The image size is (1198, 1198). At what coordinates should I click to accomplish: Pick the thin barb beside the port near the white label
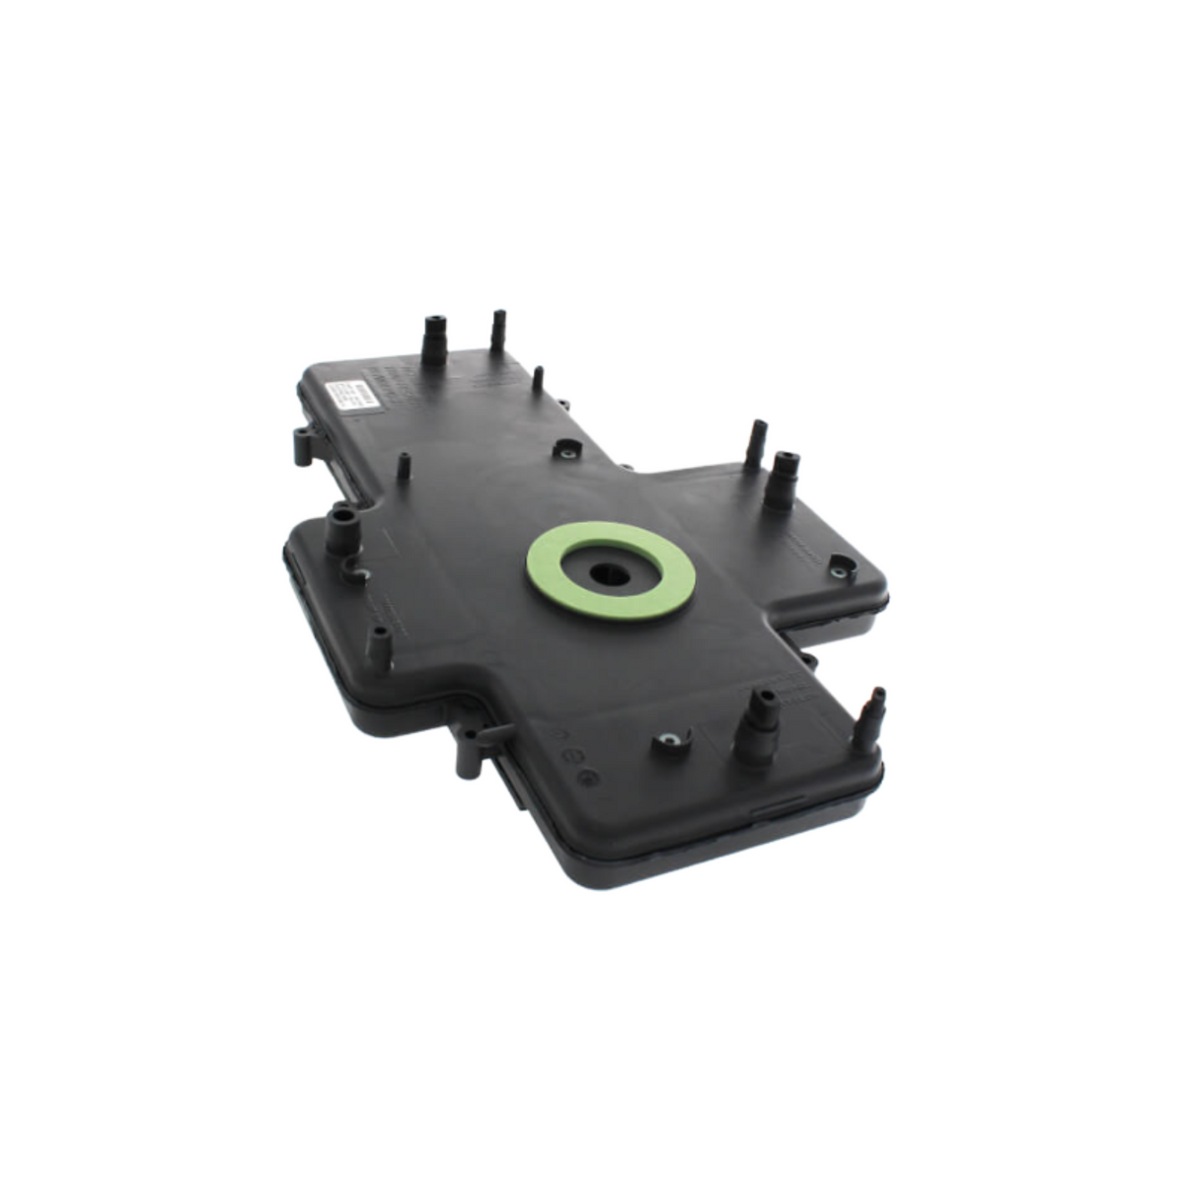(497, 330)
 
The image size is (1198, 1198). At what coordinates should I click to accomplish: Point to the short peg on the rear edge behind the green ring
(538, 380)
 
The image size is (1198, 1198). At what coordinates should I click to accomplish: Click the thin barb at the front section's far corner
(872, 711)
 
